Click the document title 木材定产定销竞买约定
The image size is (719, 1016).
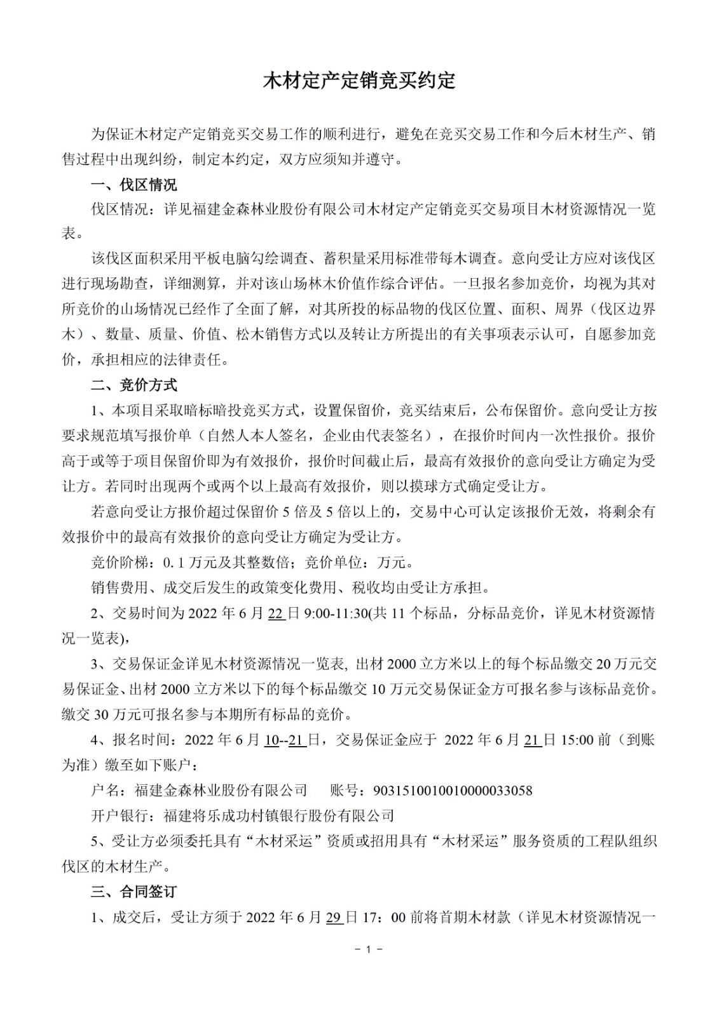point(359,81)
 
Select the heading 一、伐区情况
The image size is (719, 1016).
point(134,185)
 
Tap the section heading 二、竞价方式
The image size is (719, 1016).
point(134,385)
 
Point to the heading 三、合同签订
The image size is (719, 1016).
point(134,892)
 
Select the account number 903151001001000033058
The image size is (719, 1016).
point(453,791)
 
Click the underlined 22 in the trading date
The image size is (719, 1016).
point(277,613)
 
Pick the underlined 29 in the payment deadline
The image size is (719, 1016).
point(334,918)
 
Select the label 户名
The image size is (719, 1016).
point(105,791)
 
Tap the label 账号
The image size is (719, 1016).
point(344,791)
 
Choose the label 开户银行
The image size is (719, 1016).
point(120,816)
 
